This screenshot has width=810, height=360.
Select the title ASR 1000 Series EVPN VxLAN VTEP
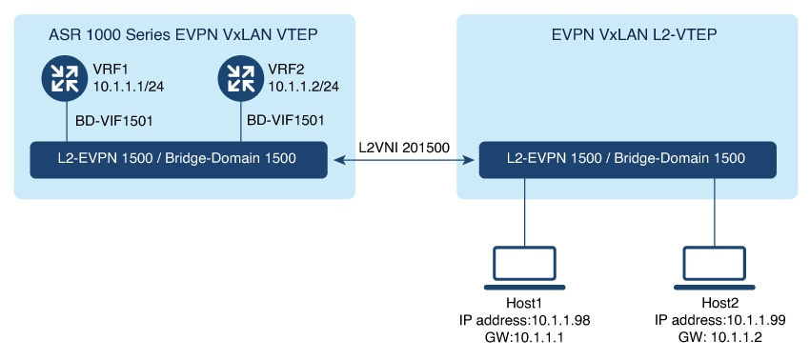[x=184, y=35]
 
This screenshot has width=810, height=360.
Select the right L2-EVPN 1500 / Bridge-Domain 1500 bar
[x=626, y=159]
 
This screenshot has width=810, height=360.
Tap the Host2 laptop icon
[x=715, y=267]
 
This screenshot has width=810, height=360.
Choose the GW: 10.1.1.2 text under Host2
[x=715, y=338]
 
